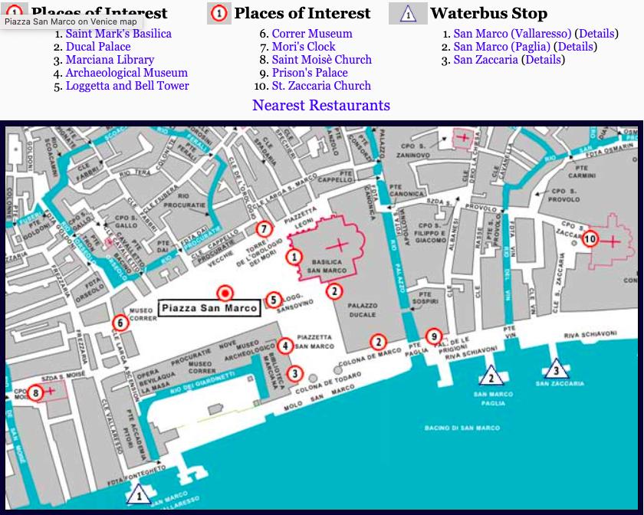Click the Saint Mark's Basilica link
pos(118,34)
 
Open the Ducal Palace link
pos(97,47)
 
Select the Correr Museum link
pos(312,34)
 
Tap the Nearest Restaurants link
pos(321,106)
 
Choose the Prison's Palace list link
pos(310,73)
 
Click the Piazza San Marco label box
pos(209,308)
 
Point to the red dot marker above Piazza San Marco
pos(225,292)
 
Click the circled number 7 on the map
pos(264,229)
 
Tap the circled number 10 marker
pos(590,239)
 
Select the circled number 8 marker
pos(37,392)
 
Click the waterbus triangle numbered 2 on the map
pos(490,376)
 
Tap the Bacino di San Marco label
pos(462,428)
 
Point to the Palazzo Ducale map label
pos(363,310)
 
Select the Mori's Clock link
pos(304,47)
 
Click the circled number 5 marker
pos(273,300)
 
